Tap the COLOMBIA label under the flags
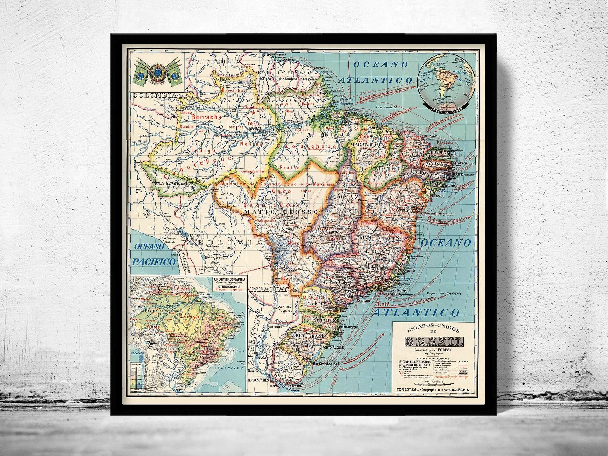pos(155,95)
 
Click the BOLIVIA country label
pos(230,242)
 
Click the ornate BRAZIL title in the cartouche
pos(434,342)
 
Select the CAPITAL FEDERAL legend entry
pos(416,362)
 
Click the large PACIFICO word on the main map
pos(154,262)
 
